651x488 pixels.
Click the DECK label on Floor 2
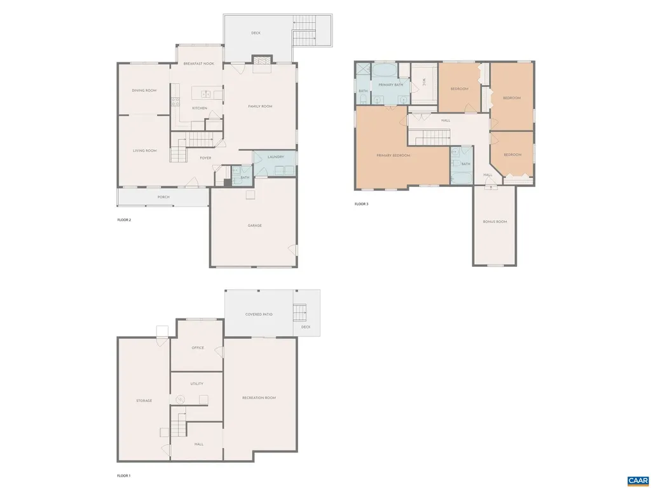click(x=256, y=33)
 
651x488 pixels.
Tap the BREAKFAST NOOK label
click(x=199, y=64)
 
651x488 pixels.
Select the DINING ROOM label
click(x=144, y=90)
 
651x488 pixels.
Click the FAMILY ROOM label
click(x=260, y=106)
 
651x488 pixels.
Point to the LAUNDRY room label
click(x=275, y=156)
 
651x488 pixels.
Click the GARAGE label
click(x=254, y=226)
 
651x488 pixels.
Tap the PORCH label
click(x=163, y=197)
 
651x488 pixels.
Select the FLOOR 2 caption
click(x=124, y=220)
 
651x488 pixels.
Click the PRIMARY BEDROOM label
click(x=393, y=155)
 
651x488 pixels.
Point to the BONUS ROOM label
click(x=495, y=221)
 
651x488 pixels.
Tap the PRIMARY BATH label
click(x=390, y=85)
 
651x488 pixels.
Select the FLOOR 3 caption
click(x=361, y=204)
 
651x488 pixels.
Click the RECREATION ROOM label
click(x=259, y=398)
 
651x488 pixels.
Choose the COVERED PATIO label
click(x=259, y=314)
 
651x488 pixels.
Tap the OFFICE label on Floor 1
click(x=198, y=348)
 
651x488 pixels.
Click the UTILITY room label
click(x=196, y=384)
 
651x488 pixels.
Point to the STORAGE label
click(x=144, y=400)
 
